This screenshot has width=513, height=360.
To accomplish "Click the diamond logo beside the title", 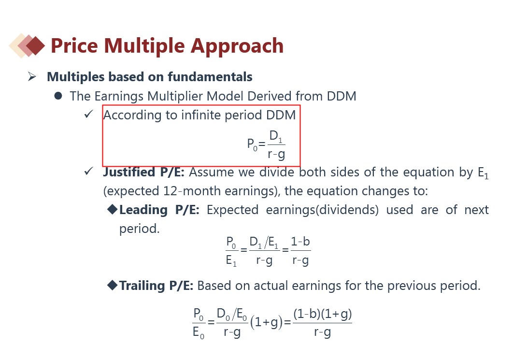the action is point(27,45).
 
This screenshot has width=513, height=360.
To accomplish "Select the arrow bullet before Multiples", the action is point(32,76).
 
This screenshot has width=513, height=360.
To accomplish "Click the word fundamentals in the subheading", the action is point(210,77).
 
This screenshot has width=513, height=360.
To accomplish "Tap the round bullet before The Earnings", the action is point(58,96).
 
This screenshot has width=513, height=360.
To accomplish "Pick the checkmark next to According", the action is point(89,114).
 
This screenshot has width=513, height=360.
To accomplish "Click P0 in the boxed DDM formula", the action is point(252,144).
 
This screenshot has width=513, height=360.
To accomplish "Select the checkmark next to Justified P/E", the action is point(89,171).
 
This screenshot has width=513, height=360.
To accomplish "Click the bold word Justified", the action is point(129,173).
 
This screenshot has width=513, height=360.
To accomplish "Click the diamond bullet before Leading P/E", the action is point(112,209).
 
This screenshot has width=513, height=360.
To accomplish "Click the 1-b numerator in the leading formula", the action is point(300,242).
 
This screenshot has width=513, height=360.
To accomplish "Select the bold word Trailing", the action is point(142,286).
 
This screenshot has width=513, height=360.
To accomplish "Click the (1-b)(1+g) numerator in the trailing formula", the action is point(322,314).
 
